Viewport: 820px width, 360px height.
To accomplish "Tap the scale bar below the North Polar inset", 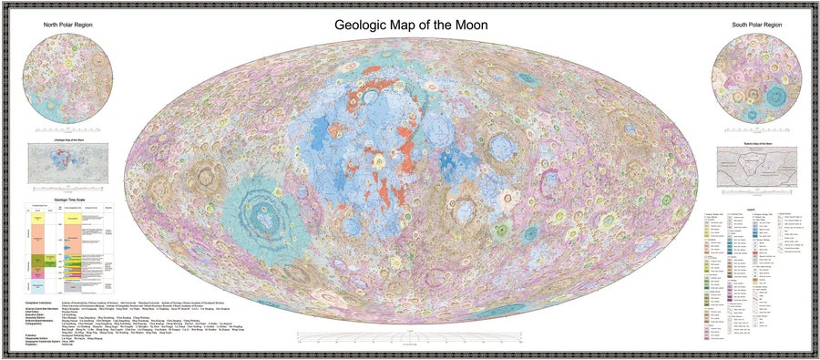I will tap(68, 133).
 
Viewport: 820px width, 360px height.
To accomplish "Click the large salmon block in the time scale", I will tap(45, 238).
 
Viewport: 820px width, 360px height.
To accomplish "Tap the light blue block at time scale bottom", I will tap(45, 284).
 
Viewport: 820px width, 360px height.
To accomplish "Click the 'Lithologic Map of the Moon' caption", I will tap(69, 139).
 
